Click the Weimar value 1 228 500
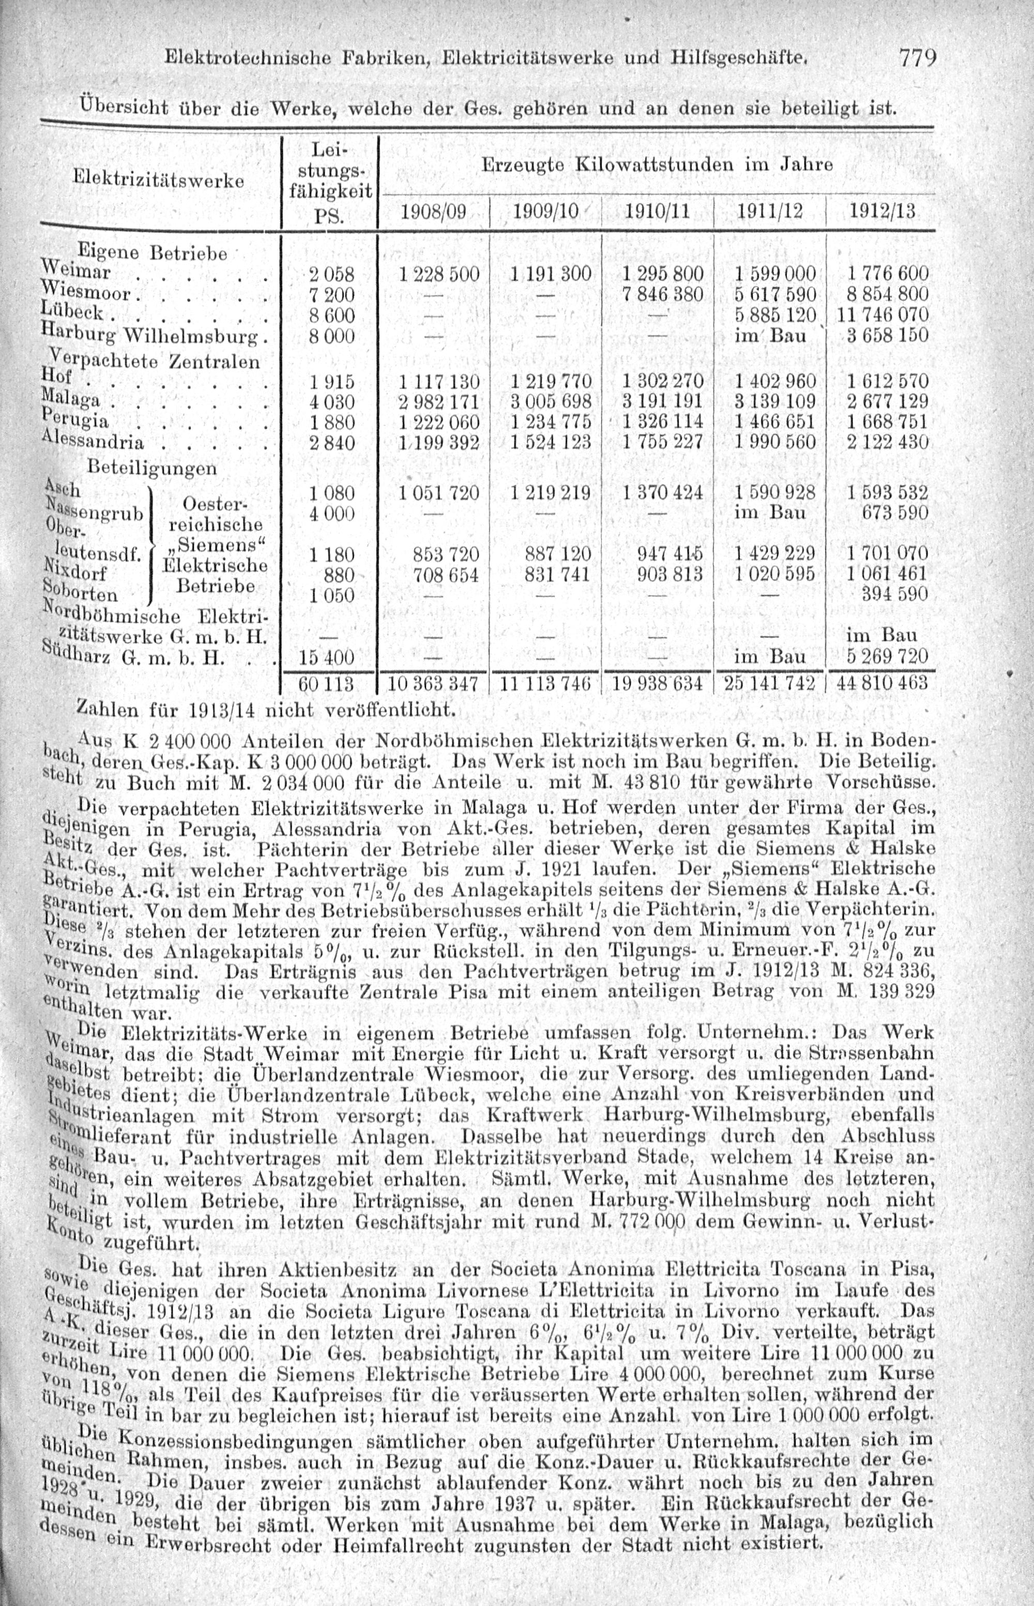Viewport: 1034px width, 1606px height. (438, 274)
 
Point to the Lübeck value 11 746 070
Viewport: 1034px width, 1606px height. (880, 315)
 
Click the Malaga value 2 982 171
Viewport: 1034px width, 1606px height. (438, 402)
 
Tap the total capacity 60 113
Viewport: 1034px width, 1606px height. (326, 684)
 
